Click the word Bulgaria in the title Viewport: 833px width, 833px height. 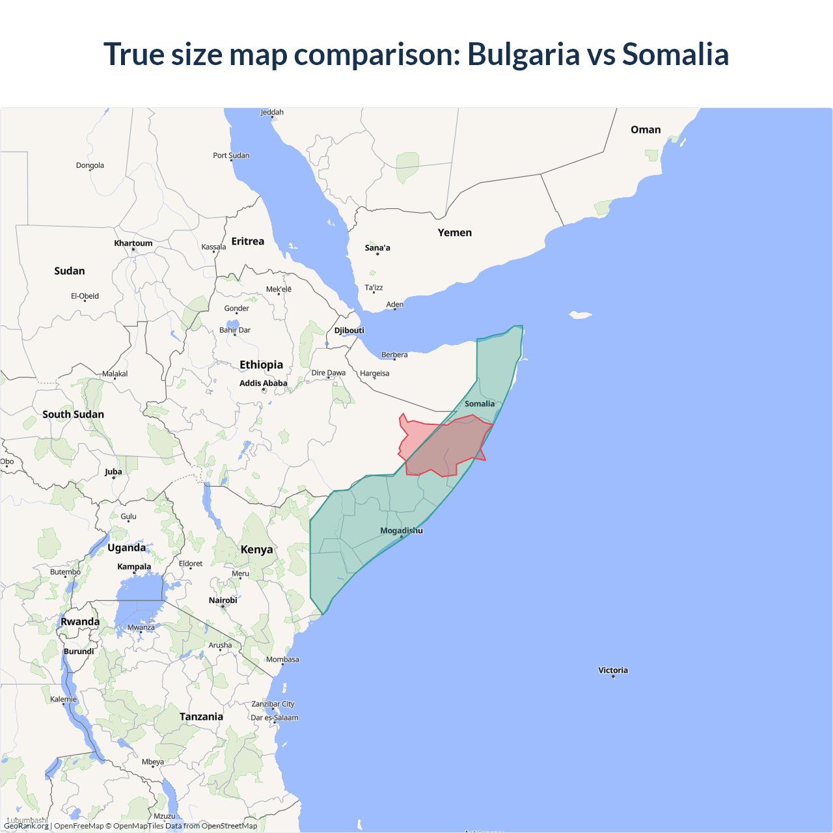(523, 55)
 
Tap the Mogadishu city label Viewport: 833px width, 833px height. (401, 530)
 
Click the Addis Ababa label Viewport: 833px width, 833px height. (263, 383)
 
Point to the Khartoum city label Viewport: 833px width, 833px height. (133, 243)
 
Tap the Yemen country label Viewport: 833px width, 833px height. (454, 233)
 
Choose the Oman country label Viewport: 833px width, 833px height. (645, 130)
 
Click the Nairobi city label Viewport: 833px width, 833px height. (223, 601)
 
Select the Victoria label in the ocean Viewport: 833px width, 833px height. (612, 670)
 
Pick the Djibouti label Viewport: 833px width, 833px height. (349, 331)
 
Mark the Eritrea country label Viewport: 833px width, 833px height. (247, 241)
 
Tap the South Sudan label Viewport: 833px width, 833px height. (73, 415)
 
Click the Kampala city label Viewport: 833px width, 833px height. (134, 567)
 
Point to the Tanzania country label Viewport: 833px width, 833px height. (201, 717)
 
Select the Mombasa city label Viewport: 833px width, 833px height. (282, 660)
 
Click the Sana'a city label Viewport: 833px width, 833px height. (377, 248)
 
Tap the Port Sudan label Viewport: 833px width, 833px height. (231, 156)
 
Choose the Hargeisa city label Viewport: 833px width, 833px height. (374, 374)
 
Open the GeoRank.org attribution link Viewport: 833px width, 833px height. (26, 826)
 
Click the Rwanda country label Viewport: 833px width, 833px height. (80, 621)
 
